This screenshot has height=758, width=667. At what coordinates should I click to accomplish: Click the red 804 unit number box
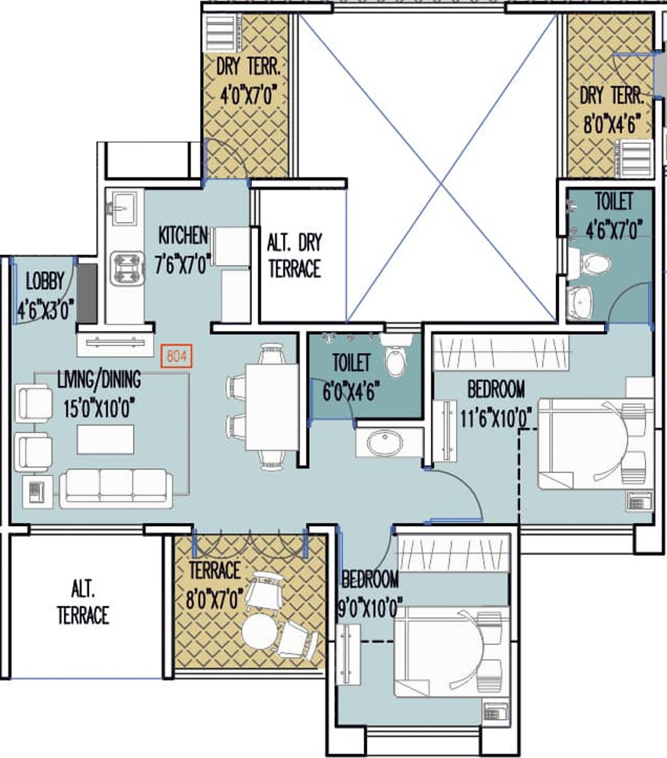[176, 356]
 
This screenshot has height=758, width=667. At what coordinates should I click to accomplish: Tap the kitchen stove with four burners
[127, 268]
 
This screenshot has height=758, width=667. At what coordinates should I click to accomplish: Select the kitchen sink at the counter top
[124, 208]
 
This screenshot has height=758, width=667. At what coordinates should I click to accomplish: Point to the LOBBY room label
[45, 281]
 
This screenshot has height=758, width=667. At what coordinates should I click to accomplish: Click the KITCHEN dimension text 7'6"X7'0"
[183, 264]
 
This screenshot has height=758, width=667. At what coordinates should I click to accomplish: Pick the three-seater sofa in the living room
[116, 488]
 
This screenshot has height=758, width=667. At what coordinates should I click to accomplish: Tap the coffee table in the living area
[105, 439]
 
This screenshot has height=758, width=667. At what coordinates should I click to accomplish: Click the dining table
[272, 407]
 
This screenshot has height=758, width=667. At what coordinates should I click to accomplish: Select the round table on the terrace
[260, 631]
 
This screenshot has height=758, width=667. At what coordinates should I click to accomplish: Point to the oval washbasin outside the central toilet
[385, 443]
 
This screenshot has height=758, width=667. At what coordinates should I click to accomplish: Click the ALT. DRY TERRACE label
[294, 256]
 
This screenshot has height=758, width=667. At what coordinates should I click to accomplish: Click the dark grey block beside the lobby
[87, 293]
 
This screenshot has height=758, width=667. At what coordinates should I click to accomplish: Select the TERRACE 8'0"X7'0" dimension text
[214, 599]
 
